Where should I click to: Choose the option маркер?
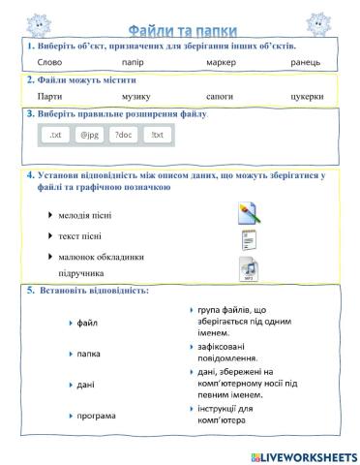tap(221, 62)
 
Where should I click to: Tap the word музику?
tap(136, 97)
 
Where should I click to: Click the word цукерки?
tap(305, 97)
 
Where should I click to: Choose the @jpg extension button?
tap(90, 136)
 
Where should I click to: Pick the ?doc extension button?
tap(123, 136)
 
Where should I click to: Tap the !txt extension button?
tap(156, 136)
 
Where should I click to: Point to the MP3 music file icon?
tap(248, 268)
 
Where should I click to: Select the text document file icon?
tap(248, 241)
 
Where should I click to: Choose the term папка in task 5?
tap(89, 354)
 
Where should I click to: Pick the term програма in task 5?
tap(96, 416)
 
